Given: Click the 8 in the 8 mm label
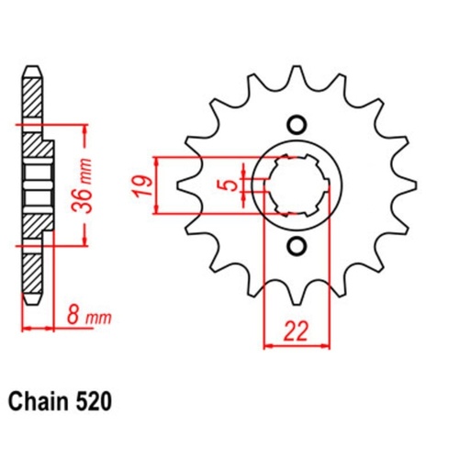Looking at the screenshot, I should (x=73, y=318).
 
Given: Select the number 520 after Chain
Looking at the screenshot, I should (x=97, y=401).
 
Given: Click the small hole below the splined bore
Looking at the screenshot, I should (x=296, y=245).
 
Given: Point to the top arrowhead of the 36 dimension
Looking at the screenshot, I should (x=84, y=124).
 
